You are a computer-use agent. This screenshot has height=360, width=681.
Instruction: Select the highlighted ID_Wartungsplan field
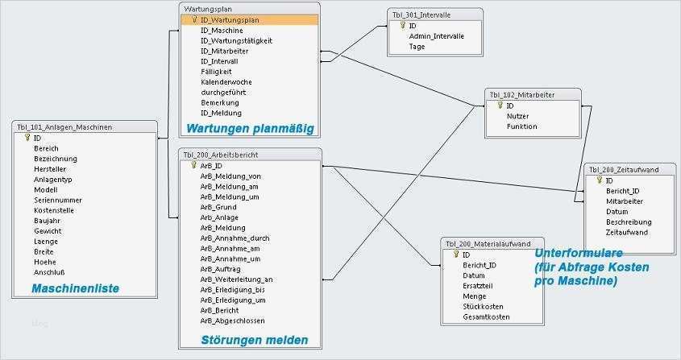tap(230, 19)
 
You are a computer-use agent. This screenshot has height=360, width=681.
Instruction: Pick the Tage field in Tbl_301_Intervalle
tap(417, 47)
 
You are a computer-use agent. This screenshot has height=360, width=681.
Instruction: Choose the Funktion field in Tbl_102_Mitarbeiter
tap(521, 126)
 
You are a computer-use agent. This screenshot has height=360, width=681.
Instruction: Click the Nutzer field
tap(517, 116)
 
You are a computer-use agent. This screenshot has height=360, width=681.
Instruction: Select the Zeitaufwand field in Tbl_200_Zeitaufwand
tap(626, 232)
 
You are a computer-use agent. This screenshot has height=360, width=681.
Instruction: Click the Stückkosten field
tap(483, 306)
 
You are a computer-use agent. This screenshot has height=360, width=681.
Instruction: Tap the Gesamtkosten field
tap(486, 317)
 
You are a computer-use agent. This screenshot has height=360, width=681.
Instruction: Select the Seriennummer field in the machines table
tap(54, 200)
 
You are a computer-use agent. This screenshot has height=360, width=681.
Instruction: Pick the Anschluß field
tap(48, 272)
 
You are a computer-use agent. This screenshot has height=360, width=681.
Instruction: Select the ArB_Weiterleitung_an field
tap(236, 279)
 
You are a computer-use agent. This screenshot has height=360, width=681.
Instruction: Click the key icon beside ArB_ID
tap(194, 165)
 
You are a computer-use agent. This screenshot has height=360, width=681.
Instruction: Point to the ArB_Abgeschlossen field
tap(233, 321)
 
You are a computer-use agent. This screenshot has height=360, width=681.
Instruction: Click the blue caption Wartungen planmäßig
tap(249, 128)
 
